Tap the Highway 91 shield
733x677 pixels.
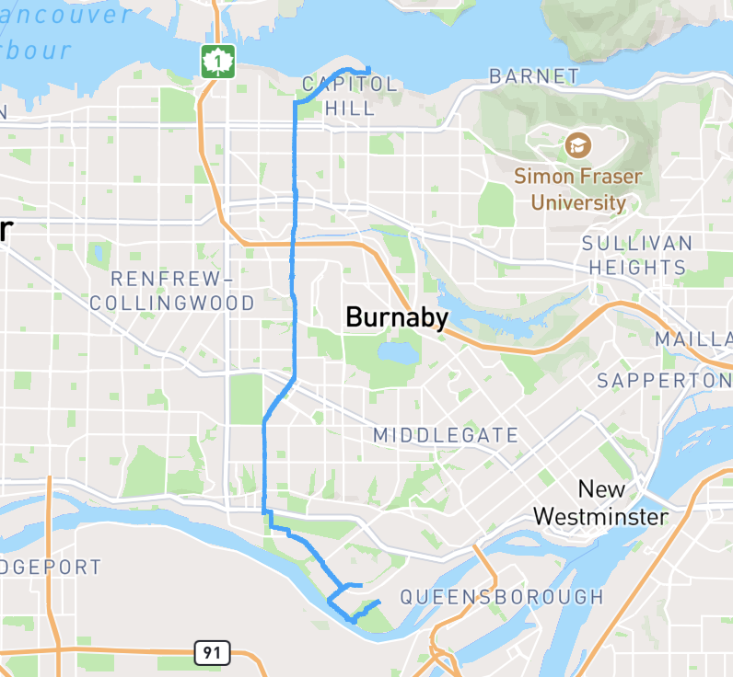point(212,653)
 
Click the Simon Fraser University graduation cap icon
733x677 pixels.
point(578,144)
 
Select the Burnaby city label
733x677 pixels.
point(397,318)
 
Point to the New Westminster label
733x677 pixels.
point(600,502)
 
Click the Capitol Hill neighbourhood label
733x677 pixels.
point(350,97)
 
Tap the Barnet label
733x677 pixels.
point(534,76)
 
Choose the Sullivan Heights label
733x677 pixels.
point(636,256)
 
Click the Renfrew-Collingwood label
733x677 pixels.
point(172,290)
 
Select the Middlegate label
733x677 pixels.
point(446,435)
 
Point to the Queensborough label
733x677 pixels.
point(502,597)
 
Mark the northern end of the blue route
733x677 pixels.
point(368,70)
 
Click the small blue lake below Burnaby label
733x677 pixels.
point(396,353)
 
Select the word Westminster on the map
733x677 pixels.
point(600,517)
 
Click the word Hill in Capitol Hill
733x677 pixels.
point(350,109)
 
